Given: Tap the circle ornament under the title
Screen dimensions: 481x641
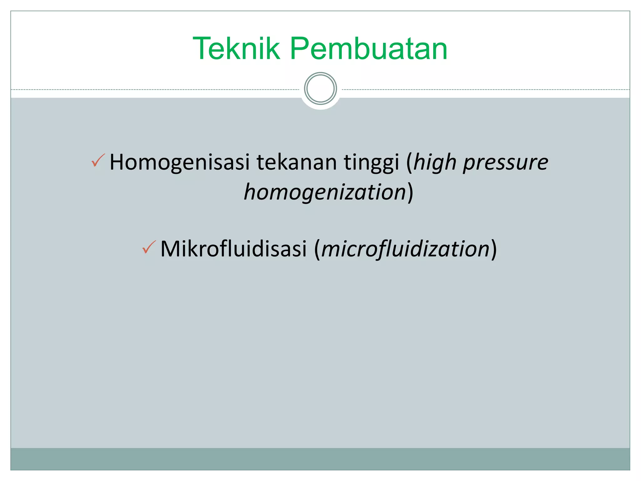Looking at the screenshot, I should pyautogui.click(x=320, y=89).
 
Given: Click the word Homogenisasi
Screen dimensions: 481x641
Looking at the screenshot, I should pyautogui.click(x=180, y=162).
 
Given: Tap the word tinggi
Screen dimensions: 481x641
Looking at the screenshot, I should pyautogui.click(x=372, y=163).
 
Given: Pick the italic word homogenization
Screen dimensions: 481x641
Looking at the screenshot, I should pyautogui.click(x=325, y=192).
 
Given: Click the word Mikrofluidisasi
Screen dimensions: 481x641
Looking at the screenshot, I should pyautogui.click(x=233, y=249).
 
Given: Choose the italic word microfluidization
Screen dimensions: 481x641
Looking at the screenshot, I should pyautogui.click(x=405, y=249).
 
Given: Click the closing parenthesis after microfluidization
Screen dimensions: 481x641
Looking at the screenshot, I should pyautogui.click(x=494, y=249).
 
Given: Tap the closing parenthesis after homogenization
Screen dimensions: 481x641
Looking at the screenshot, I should pyautogui.click(x=410, y=192).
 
